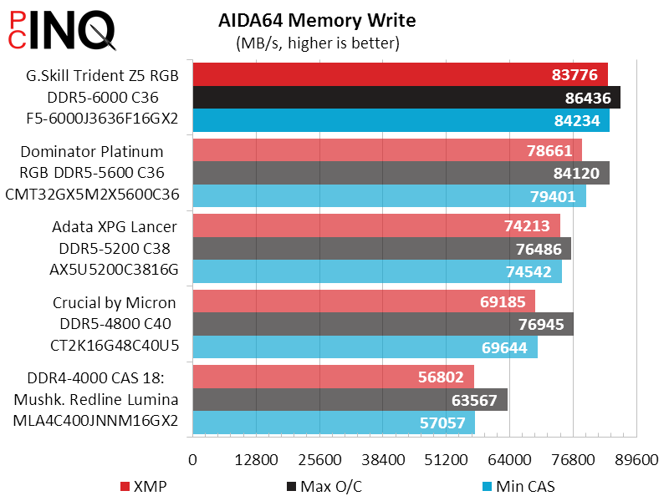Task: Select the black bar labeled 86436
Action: pos(406,98)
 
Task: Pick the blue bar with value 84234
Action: pos(401,120)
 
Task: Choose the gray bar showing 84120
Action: pos(401,174)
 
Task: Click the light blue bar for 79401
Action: pos(389,196)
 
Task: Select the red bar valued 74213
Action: pos(376,226)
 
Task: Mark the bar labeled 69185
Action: pos(364,301)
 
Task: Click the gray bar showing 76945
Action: pos(383,324)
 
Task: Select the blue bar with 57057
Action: pos(334,423)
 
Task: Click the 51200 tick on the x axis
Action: pos(447,460)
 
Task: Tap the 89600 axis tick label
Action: pos(636,460)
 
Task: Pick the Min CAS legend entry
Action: pos(518,486)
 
